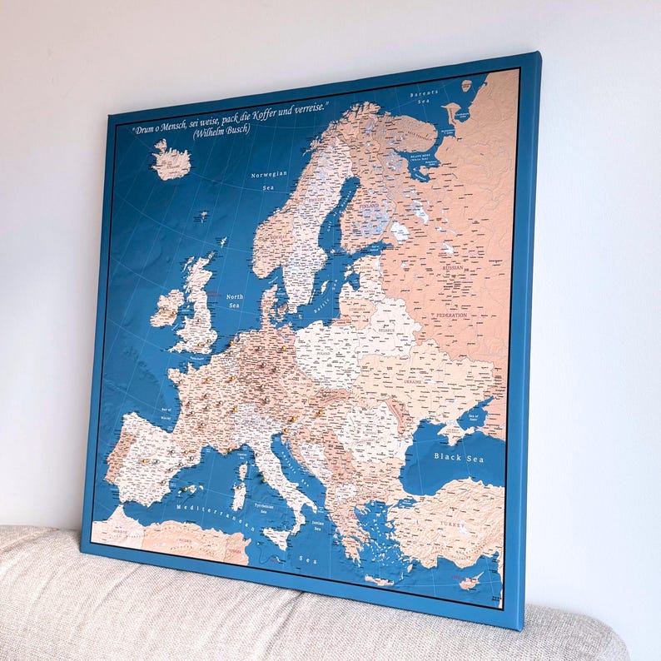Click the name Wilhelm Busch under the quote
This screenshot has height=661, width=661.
[x=220, y=130]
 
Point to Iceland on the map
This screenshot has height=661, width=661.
[x=171, y=161]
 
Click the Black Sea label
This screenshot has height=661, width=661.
[x=459, y=456]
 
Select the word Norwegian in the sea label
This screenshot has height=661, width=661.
[x=270, y=176]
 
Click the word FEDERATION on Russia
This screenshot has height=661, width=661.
[x=451, y=316]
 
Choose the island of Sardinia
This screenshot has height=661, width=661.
[x=239, y=496]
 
